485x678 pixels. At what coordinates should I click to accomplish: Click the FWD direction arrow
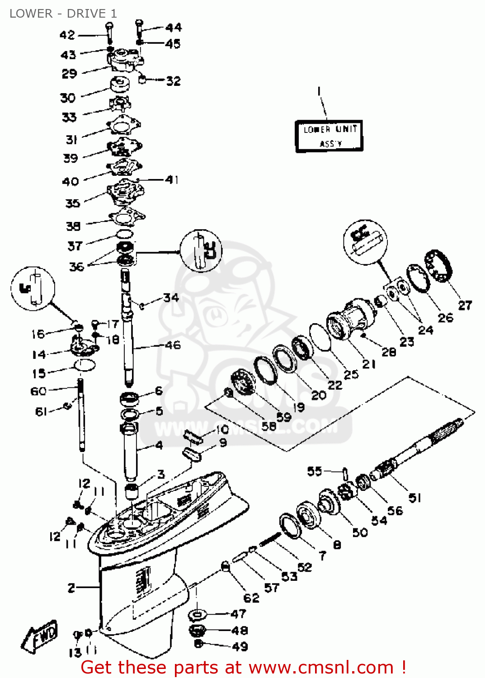coord(40,636)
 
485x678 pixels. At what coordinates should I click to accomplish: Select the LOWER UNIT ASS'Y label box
coord(329,136)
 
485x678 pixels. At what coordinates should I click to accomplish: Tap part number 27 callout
coord(465,306)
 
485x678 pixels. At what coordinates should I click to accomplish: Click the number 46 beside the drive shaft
coord(172,345)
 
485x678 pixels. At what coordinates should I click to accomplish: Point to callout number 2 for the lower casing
coord(71,588)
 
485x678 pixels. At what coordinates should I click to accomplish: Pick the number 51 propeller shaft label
coord(414,498)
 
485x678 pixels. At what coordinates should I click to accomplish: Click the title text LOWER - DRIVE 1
coord(63,14)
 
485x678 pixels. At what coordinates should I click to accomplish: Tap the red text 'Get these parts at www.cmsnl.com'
coord(243,667)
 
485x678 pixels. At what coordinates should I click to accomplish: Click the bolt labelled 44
coord(139,29)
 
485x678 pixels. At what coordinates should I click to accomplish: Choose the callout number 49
coord(240,646)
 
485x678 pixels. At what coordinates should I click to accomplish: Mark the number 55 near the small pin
coord(315,471)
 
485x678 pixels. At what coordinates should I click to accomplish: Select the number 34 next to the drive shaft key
coord(171,297)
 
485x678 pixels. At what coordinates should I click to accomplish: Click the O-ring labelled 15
coord(85,365)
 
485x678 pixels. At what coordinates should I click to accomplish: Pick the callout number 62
coord(251,598)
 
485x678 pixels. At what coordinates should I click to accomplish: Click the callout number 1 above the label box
coord(319,91)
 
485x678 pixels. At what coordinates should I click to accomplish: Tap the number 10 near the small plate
coord(222,429)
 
